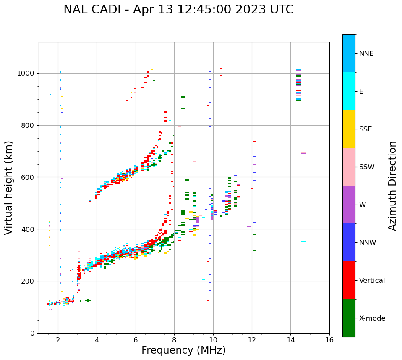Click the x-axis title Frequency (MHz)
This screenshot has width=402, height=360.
(183, 350)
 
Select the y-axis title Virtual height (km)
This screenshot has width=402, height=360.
(9, 187)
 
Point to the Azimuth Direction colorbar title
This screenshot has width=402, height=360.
(392, 186)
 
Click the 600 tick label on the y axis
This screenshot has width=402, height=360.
(28, 177)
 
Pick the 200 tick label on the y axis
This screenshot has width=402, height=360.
(28, 281)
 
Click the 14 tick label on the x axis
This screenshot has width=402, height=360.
(290, 340)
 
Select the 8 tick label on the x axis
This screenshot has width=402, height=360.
(174, 340)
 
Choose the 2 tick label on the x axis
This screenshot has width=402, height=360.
(58, 340)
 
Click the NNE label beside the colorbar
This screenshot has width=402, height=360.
(366, 54)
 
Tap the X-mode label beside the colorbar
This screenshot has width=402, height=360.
(372, 318)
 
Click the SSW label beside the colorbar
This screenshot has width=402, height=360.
(367, 167)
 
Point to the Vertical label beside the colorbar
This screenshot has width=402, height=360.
(372, 281)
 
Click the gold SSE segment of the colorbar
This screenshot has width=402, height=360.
(349, 129)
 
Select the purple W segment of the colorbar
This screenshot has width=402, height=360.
(349, 205)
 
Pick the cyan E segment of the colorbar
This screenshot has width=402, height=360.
(349, 91)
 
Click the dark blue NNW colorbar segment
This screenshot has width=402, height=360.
(349, 242)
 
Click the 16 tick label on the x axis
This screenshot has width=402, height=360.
(329, 340)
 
